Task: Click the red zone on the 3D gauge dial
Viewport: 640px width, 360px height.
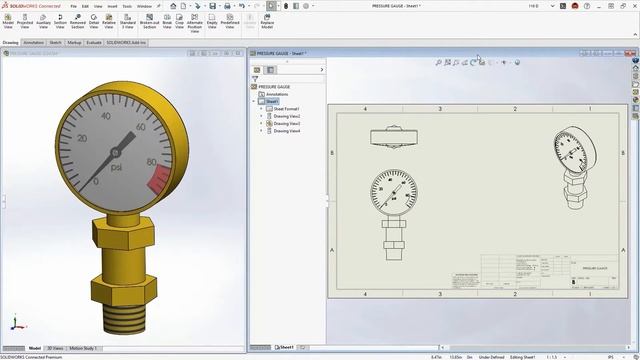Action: click(158, 180)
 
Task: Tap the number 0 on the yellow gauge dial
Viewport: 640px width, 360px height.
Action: click(96, 182)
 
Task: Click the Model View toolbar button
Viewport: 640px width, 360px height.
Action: click(8, 24)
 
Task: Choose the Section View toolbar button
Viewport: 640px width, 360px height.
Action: click(61, 24)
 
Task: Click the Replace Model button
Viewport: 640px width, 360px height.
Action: click(267, 24)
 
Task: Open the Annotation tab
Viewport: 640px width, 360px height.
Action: click(34, 43)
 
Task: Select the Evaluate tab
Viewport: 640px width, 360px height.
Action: click(93, 43)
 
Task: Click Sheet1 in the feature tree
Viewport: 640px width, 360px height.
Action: click(271, 101)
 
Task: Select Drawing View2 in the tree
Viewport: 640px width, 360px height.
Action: click(287, 116)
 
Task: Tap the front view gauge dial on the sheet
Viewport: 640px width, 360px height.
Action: click(391, 190)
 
